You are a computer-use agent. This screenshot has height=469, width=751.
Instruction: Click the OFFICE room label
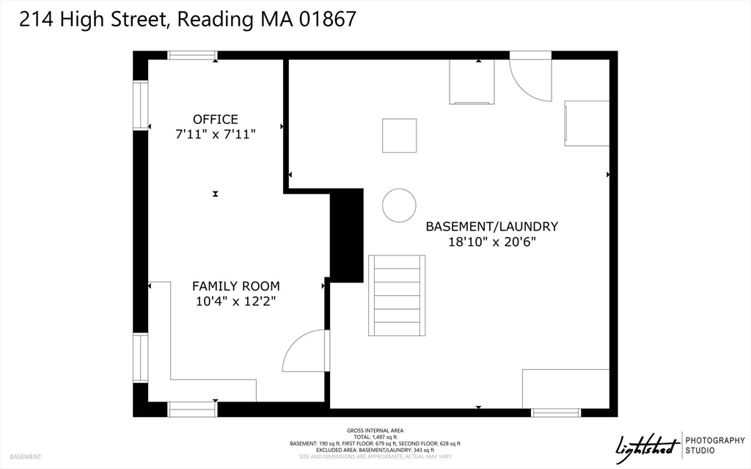pyautogui.click(x=215, y=119)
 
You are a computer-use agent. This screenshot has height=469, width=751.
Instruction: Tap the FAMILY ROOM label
pyautogui.click(x=235, y=286)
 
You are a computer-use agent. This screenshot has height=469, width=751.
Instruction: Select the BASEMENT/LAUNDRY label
pyautogui.click(x=492, y=226)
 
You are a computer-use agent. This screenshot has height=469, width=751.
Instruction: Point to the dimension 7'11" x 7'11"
pyautogui.click(x=215, y=134)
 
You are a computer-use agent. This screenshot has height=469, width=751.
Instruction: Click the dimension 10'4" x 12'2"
pyautogui.click(x=235, y=301)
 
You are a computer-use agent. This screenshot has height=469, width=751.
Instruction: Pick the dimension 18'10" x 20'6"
pyautogui.click(x=492, y=241)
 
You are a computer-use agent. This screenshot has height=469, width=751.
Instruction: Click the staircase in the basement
pyautogui.click(x=397, y=295)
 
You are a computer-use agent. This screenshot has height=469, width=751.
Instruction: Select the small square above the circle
pyautogui.click(x=399, y=135)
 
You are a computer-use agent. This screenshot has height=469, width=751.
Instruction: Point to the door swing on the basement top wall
pyautogui.click(x=530, y=76)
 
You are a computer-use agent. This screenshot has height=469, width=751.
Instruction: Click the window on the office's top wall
pyautogui.click(x=192, y=55)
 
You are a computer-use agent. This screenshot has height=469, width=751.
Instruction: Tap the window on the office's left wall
pyautogui.click(x=140, y=106)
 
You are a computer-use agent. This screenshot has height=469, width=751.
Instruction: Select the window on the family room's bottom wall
pyautogui.click(x=192, y=409)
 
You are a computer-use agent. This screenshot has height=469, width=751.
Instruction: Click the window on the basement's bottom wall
pyautogui.click(x=555, y=412)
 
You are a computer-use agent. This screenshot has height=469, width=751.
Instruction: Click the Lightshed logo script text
pyautogui.click(x=645, y=445)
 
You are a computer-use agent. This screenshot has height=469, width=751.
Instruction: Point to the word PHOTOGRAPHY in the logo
pyautogui.click(x=714, y=440)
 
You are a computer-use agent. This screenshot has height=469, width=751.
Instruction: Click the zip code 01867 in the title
pyautogui.click(x=327, y=19)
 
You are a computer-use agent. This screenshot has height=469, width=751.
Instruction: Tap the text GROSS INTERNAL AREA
pyautogui.click(x=375, y=430)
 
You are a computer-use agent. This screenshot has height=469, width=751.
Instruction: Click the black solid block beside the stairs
pyautogui.click(x=347, y=235)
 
